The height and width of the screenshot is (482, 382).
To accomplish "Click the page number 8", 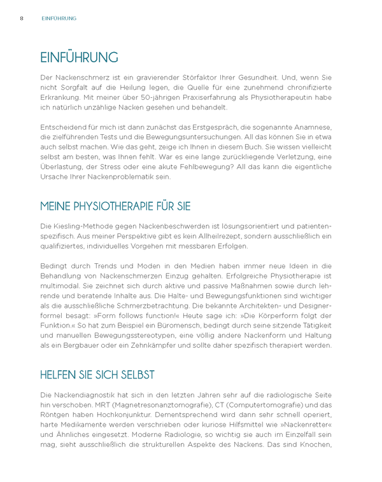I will click(22, 18).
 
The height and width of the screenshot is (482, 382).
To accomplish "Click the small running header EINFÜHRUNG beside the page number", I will click(59, 18).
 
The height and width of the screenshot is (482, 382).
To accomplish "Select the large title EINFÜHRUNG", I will click(78, 58).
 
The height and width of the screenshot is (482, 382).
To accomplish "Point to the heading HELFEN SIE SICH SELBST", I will click(97, 375).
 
